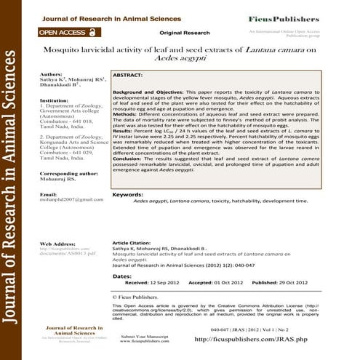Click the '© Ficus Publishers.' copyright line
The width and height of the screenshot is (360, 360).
click(141, 297)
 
